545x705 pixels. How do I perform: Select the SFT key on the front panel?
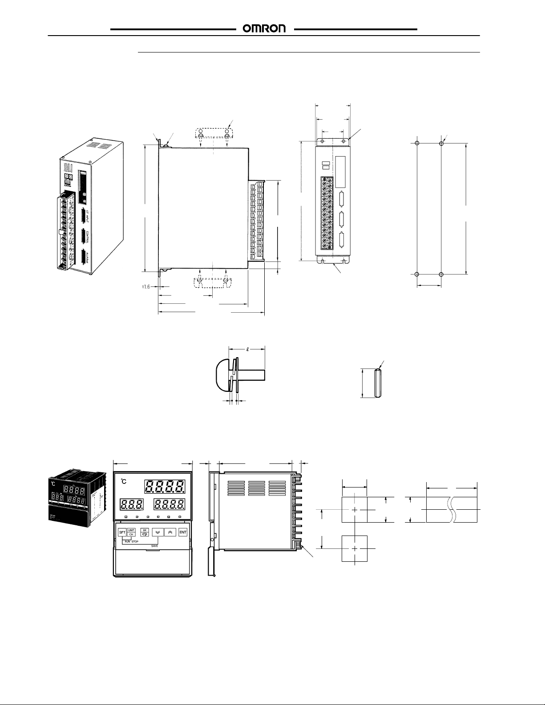tap(121, 532)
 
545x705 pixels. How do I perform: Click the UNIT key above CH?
tap(131, 530)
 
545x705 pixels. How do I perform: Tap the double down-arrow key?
tap(157, 532)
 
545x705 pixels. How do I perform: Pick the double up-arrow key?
tap(170, 532)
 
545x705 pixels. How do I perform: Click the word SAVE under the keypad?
tap(154, 546)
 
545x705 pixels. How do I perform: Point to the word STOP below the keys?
tap(135, 542)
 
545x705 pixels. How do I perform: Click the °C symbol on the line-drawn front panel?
tap(124, 483)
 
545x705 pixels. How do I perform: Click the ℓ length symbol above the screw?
tap(248, 349)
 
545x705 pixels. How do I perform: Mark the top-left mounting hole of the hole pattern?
tap(417, 143)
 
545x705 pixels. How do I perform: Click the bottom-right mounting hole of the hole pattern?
tap(441, 274)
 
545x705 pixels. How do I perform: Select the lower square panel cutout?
tap(354, 548)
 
